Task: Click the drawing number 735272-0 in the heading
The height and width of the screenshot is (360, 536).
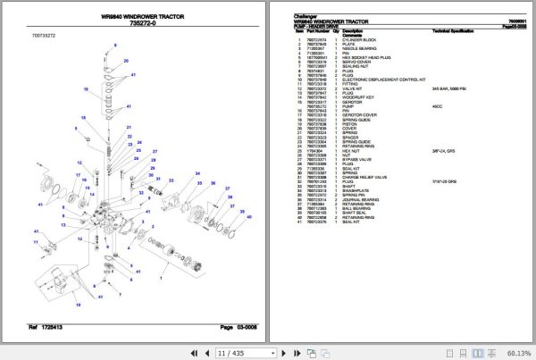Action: click(x=143, y=26)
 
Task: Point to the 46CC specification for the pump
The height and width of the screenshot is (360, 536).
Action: click(x=439, y=108)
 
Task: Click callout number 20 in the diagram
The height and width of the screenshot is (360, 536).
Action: click(x=126, y=61)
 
